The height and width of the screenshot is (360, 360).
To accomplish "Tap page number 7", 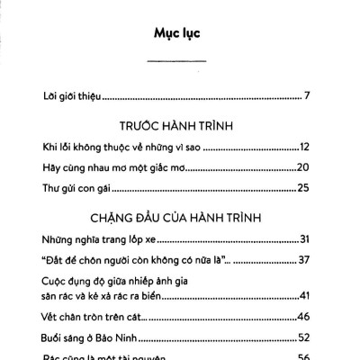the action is (x=307, y=95).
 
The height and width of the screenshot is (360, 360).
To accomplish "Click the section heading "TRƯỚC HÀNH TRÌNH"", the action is (x=176, y=126).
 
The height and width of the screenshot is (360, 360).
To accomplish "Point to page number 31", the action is (x=304, y=239).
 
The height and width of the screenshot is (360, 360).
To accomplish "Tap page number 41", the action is (x=304, y=295).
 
